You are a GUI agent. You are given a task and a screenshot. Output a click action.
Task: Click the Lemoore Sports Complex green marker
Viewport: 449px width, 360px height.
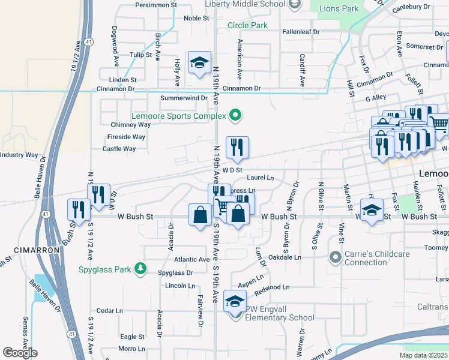click(235, 115)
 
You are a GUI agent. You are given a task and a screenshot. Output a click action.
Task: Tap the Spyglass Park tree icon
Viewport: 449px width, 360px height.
click(140, 268)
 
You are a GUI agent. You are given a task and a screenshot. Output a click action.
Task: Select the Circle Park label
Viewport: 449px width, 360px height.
click(247, 26)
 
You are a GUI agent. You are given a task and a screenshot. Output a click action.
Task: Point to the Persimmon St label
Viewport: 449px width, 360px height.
click(156, 4)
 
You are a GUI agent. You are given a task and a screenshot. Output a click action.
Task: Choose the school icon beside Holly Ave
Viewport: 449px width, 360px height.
click(199, 63)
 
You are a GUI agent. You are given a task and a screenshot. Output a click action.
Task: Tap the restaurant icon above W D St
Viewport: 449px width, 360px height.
click(237, 148)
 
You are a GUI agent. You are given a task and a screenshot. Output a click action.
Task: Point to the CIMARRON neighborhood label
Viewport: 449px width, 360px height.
click(36, 250)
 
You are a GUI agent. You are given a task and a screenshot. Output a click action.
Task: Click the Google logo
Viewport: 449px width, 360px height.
click(20, 353)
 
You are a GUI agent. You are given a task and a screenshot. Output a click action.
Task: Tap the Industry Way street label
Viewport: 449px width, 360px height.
click(19, 155)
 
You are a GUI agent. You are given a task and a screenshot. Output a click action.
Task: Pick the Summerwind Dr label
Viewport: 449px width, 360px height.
click(184, 98)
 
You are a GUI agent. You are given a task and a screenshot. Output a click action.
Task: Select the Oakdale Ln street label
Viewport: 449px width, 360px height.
click(285, 257)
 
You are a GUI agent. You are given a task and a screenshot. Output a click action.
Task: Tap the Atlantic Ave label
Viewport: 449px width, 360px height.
click(191, 259)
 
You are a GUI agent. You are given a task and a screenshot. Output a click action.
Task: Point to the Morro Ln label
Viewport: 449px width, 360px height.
click(131, 349)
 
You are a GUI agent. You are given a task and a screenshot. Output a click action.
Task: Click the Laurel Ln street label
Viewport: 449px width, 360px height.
click(261, 178)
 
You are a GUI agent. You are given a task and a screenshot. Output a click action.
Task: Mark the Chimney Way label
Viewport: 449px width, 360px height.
click(130, 125)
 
